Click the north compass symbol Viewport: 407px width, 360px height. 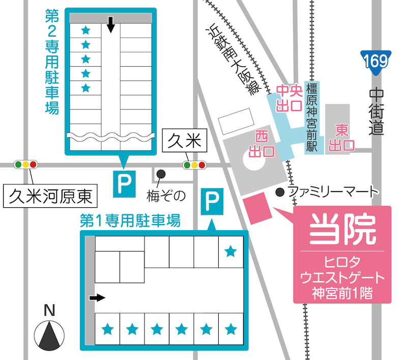pos(49,334)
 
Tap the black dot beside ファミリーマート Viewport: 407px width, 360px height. pos(279,192)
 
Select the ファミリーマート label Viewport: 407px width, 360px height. pos(333,192)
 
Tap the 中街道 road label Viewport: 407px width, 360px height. pos(377,112)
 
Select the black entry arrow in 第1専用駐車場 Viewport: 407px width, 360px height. pos(97,297)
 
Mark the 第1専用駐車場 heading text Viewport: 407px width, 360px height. pos(130,220)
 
